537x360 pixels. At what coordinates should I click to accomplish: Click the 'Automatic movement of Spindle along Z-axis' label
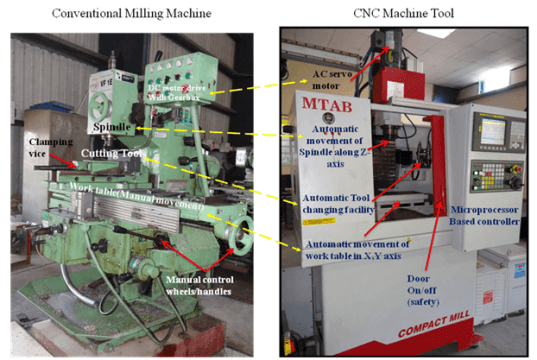[352, 140]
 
